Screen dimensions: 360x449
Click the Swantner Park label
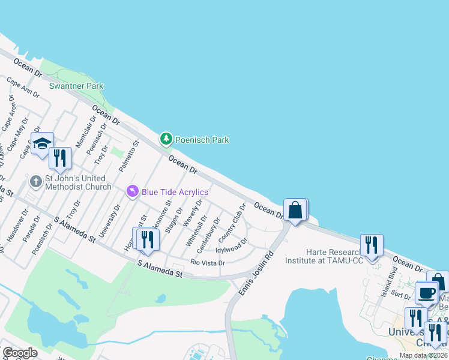point(76,86)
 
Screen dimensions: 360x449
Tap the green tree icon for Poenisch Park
point(166,139)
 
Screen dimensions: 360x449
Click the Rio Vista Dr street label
point(208,263)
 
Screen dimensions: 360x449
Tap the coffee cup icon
point(426,293)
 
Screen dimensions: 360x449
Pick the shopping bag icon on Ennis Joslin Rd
point(295,210)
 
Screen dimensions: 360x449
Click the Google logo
point(20,352)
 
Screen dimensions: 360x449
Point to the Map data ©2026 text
point(423,355)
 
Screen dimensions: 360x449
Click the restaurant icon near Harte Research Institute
point(372,245)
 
